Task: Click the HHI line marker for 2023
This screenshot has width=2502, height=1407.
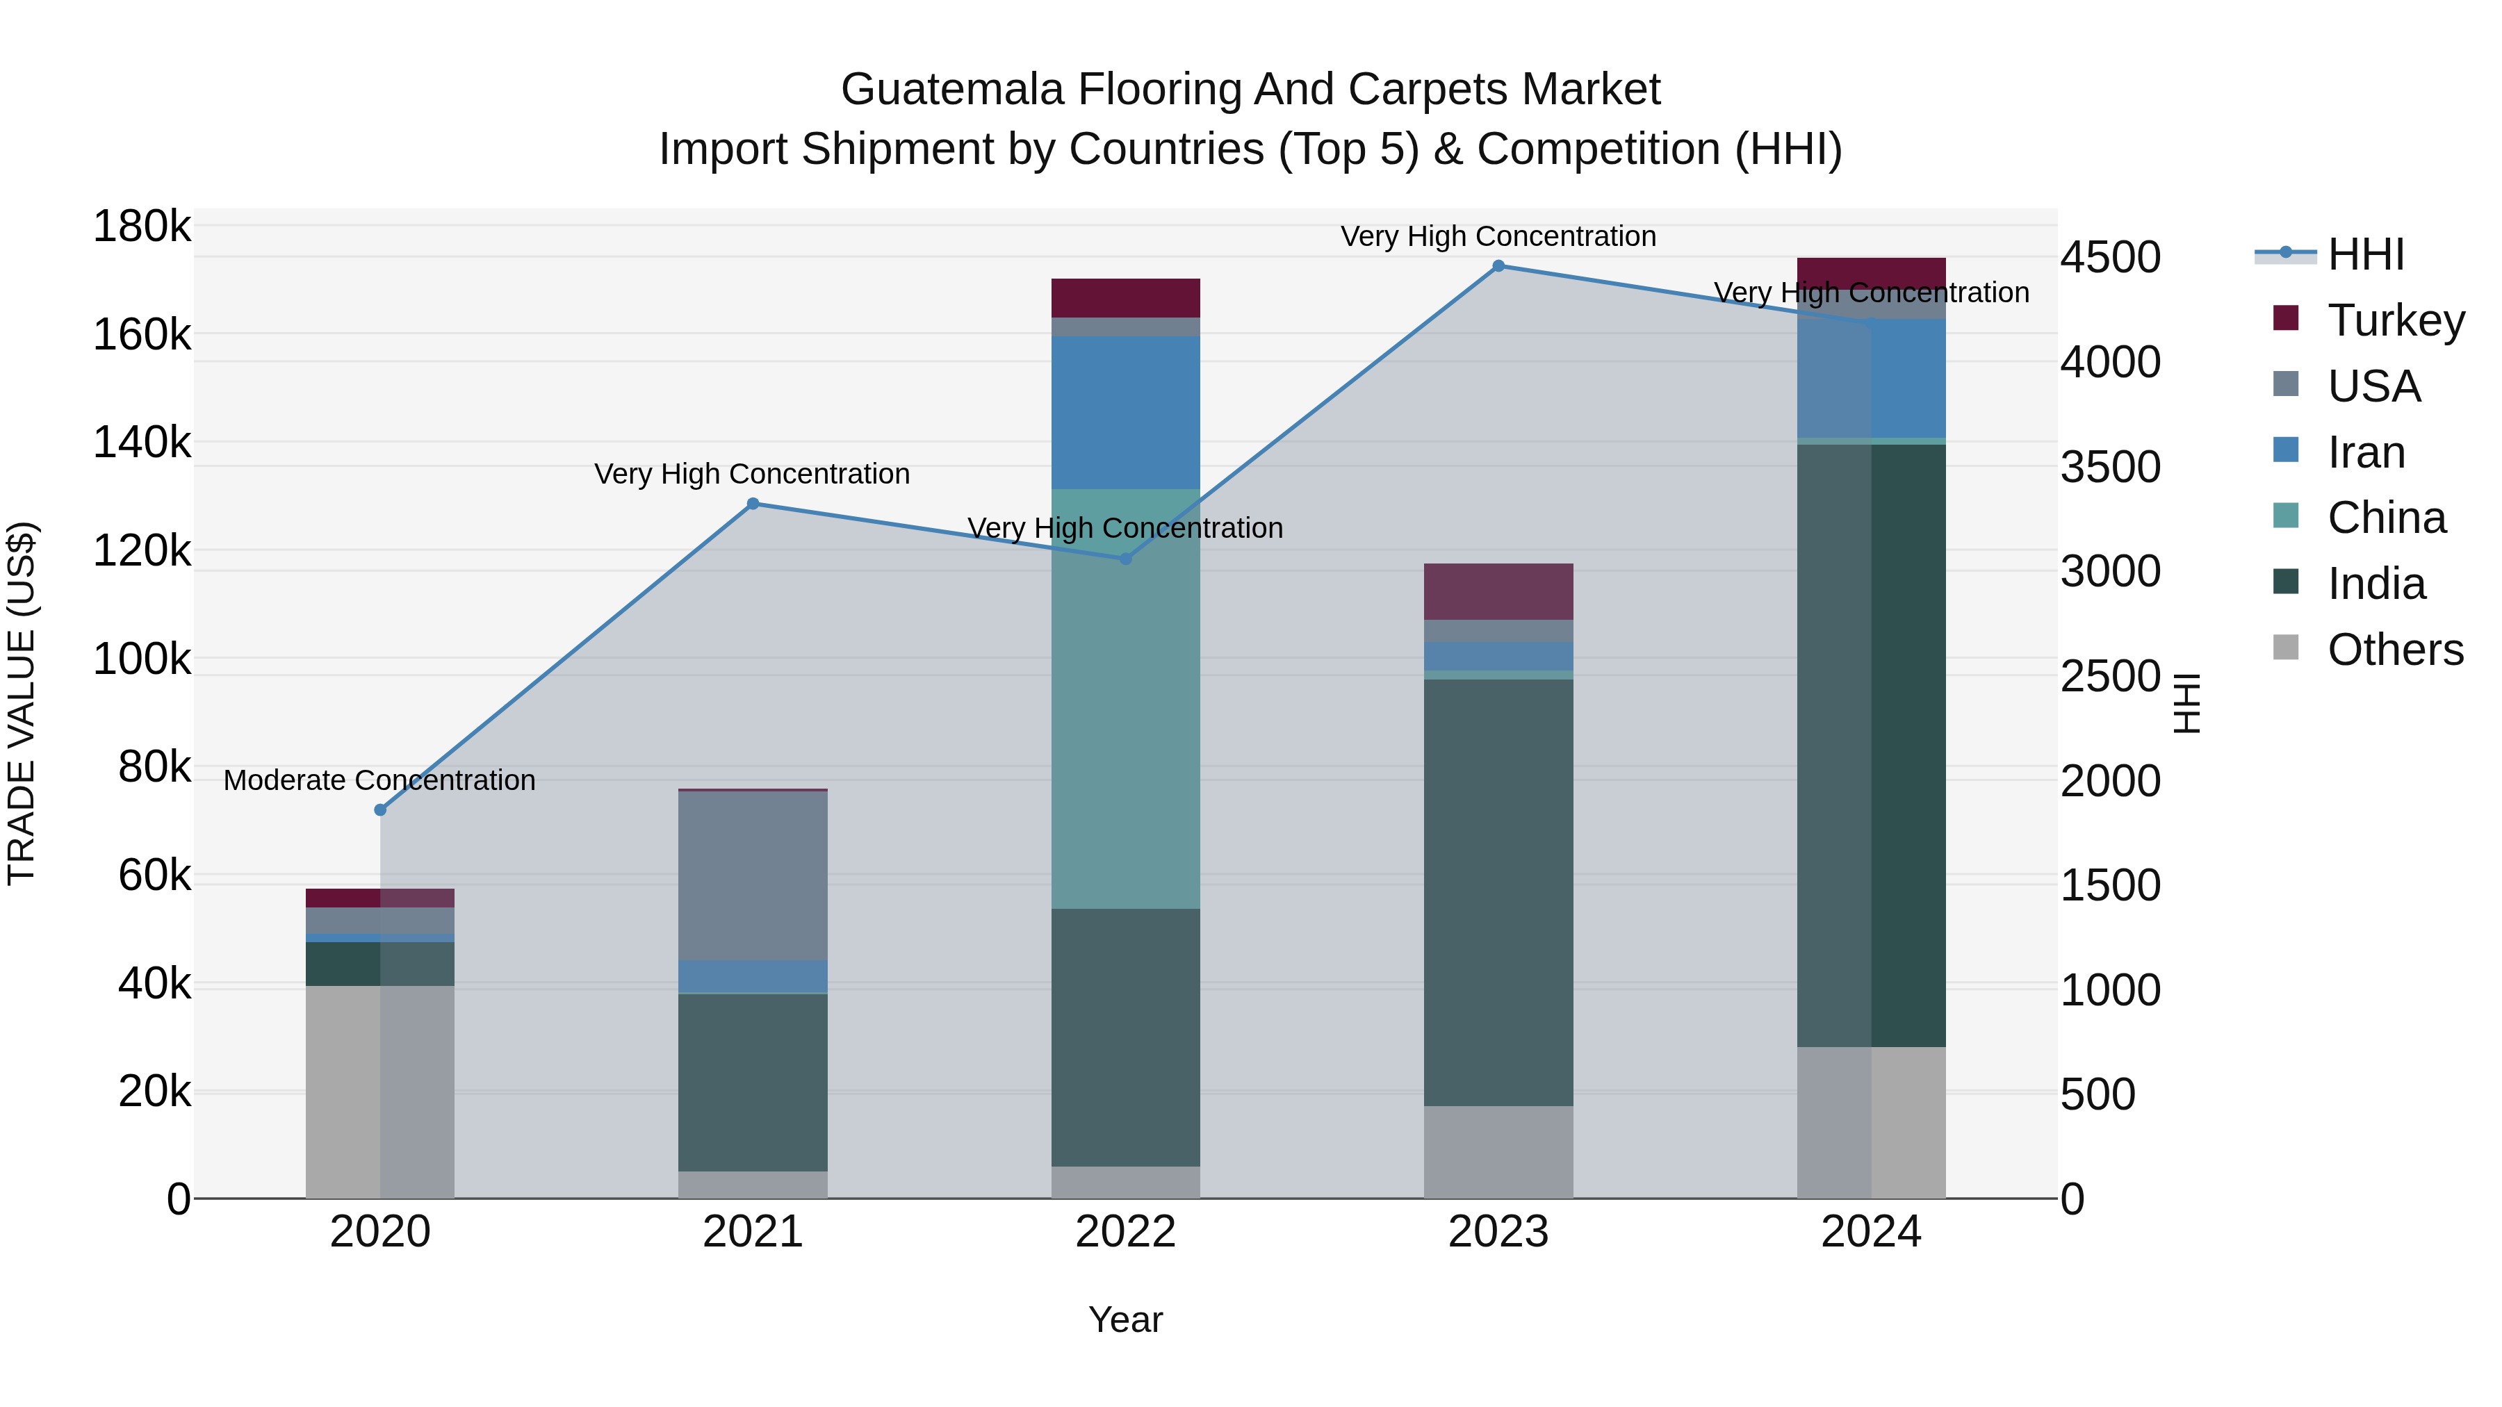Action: [1498, 266]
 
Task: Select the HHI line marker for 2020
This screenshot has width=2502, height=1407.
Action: [379, 810]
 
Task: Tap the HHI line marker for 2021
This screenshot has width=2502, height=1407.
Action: [753, 504]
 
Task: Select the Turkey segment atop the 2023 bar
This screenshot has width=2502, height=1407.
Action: [1498, 591]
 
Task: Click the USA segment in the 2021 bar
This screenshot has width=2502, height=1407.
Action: [753, 876]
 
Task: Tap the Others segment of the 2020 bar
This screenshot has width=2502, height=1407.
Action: [379, 1092]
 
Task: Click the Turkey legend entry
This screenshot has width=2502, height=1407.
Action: [2395, 320]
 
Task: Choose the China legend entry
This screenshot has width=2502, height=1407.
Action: [2385, 518]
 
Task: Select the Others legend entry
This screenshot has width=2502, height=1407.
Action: [2394, 650]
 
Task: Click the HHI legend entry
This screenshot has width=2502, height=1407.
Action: [2365, 254]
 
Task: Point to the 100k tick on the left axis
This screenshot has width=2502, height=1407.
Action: [142, 659]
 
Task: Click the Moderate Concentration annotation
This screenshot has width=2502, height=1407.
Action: [379, 781]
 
